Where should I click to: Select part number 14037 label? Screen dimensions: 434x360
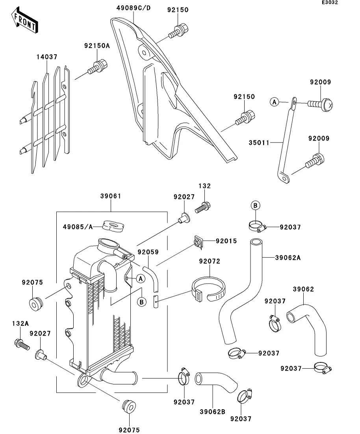47,57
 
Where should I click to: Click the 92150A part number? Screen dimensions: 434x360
96,46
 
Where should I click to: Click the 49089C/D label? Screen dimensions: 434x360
134,8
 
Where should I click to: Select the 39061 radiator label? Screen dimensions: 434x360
110,196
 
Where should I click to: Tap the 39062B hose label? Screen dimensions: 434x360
213,412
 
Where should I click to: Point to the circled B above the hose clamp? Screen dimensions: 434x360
255,205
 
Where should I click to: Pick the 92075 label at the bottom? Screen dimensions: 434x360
129,430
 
